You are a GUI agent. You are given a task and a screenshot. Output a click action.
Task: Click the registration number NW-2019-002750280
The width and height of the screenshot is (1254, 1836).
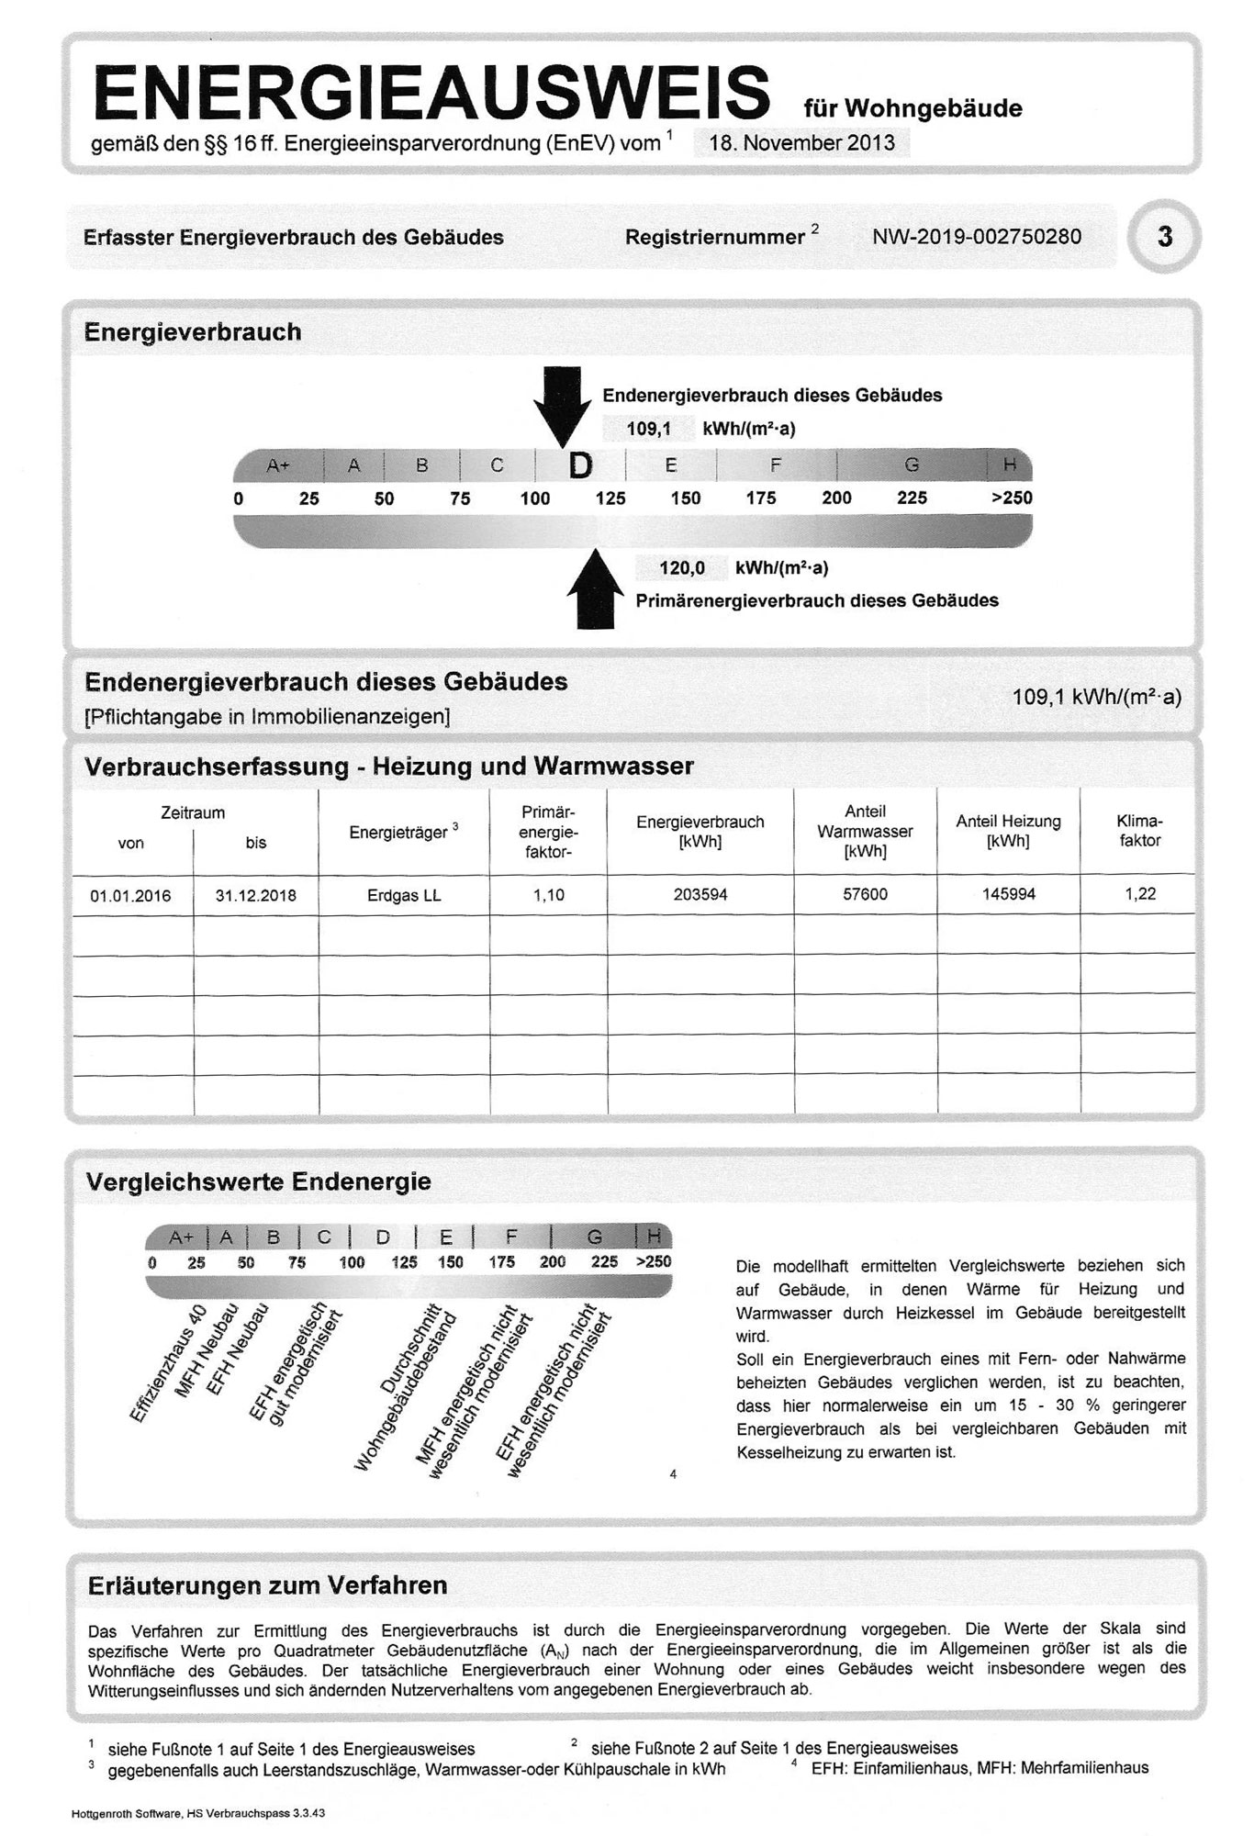click(977, 237)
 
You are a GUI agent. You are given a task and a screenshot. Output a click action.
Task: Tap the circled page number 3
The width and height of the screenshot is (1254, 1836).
click(1164, 237)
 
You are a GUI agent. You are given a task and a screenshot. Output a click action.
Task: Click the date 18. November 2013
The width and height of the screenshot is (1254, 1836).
click(801, 143)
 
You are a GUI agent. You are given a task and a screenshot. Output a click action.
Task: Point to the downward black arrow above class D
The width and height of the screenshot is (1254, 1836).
click(562, 404)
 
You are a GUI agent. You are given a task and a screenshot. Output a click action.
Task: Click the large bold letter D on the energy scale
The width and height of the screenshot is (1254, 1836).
click(580, 466)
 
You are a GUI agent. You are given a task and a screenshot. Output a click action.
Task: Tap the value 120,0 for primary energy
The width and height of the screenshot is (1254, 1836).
click(681, 568)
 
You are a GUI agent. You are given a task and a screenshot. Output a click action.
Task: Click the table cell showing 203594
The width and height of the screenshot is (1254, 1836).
click(700, 894)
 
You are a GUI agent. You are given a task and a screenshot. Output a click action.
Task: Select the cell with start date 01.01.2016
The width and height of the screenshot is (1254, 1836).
click(130, 895)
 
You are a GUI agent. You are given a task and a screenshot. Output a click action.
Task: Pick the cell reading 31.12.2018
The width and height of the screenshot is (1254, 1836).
click(255, 895)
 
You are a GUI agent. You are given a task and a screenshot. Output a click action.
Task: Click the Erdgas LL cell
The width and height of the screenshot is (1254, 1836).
click(403, 895)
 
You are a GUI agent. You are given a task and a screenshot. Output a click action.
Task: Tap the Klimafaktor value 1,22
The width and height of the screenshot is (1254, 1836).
click(1140, 893)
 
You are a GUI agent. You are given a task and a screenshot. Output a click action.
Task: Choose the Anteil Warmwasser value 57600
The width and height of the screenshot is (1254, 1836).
click(865, 894)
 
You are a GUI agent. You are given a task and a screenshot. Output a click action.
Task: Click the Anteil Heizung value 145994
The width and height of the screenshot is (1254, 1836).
click(1008, 894)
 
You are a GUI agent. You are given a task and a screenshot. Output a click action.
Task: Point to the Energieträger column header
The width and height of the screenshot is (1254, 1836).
click(402, 833)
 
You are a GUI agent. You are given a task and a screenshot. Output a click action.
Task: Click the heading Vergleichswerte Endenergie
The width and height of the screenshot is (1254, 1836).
click(258, 1181)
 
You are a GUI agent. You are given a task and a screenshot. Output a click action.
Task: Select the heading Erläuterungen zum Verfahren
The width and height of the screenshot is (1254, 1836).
click(267, 1585)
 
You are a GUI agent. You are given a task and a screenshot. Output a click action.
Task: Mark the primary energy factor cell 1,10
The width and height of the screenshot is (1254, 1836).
click(548, 895)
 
